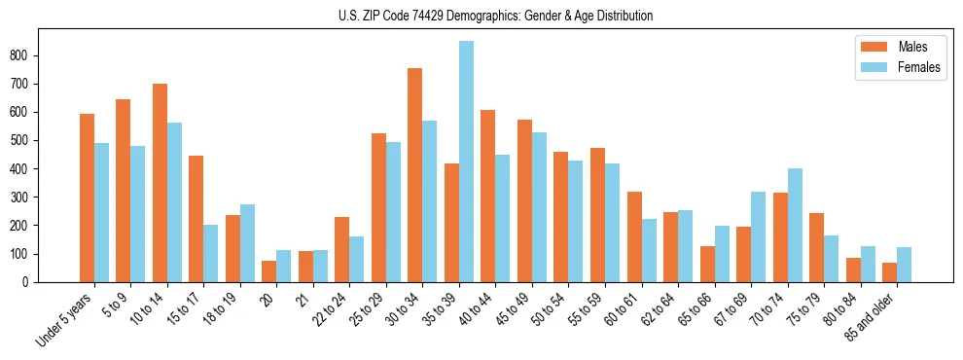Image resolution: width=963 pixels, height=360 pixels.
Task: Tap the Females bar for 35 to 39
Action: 467,162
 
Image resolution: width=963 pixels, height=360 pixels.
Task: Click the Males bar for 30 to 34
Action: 415,175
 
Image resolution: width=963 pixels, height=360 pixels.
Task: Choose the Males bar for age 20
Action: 269,271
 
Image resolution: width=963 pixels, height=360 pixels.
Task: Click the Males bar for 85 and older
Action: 890,272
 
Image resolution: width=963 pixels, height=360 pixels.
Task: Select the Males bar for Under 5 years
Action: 88,198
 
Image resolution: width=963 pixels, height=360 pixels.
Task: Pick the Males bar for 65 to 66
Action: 707,264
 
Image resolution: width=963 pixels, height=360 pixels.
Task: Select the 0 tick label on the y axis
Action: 30,282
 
